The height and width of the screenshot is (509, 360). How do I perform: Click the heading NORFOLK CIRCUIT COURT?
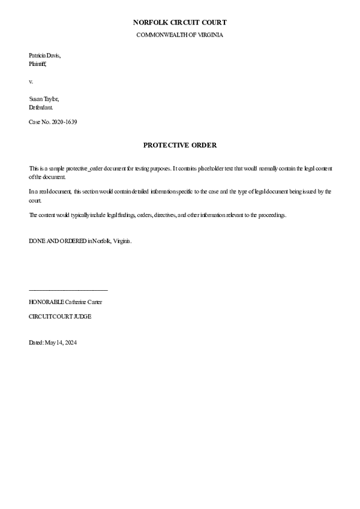click(x=180, y=23)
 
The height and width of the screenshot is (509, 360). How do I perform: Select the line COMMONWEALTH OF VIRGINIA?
click(x=180, y=35)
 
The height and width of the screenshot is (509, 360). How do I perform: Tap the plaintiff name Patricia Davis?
click(x=44, y=55)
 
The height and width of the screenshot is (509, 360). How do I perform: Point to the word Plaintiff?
click(x=37, y=62)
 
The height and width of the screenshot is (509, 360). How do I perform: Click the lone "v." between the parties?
click(x=31, y=80)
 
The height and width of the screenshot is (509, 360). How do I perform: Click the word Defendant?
click(x=41, y=107)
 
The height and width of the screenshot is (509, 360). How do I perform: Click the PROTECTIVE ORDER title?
click(x=180, y=145)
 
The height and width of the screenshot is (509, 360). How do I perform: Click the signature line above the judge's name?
click(x=68, y=291)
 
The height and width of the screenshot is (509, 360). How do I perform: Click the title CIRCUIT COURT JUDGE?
click(x=60, y=316)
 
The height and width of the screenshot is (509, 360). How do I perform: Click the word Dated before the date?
click(x=36, y=343)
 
